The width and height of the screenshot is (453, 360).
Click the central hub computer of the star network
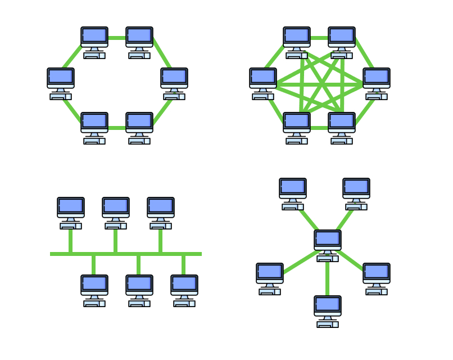click(x=328, y=245)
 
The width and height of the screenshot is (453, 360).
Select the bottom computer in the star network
click(x=328, y=310)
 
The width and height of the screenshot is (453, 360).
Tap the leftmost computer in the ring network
click(x=61, y=83)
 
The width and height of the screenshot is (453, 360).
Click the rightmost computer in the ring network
click(x=174, y=83)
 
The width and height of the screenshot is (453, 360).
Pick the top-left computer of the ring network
click(x=94, y=42)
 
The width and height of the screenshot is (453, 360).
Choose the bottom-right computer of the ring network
click(x=139, y=127)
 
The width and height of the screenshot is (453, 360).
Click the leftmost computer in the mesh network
click(x=263, y=83)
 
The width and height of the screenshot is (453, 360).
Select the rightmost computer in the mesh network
click(x=377, y=83)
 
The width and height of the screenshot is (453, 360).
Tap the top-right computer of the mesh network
click(x=342, y=42)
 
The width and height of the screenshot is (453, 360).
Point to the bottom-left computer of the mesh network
click(x=297, y=127)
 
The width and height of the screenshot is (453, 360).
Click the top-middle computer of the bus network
click(x=116, y=212)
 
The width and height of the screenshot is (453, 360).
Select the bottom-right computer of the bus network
click(x=184, y=290)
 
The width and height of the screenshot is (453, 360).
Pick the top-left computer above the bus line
click(x=71, y=212)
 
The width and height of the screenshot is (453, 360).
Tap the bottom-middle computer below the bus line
click(x=139, y=290)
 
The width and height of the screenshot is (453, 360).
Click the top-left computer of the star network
click(x=293, y=193)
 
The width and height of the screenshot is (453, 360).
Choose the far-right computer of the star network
click(x=377, y=278)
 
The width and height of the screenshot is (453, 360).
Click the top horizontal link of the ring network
click(x=117, y=38)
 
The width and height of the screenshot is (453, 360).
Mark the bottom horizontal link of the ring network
click(x=117, y=128)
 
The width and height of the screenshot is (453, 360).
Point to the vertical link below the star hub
click(x=328, y=278)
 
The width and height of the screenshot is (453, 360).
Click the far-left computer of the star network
click(x=270, y=278)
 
